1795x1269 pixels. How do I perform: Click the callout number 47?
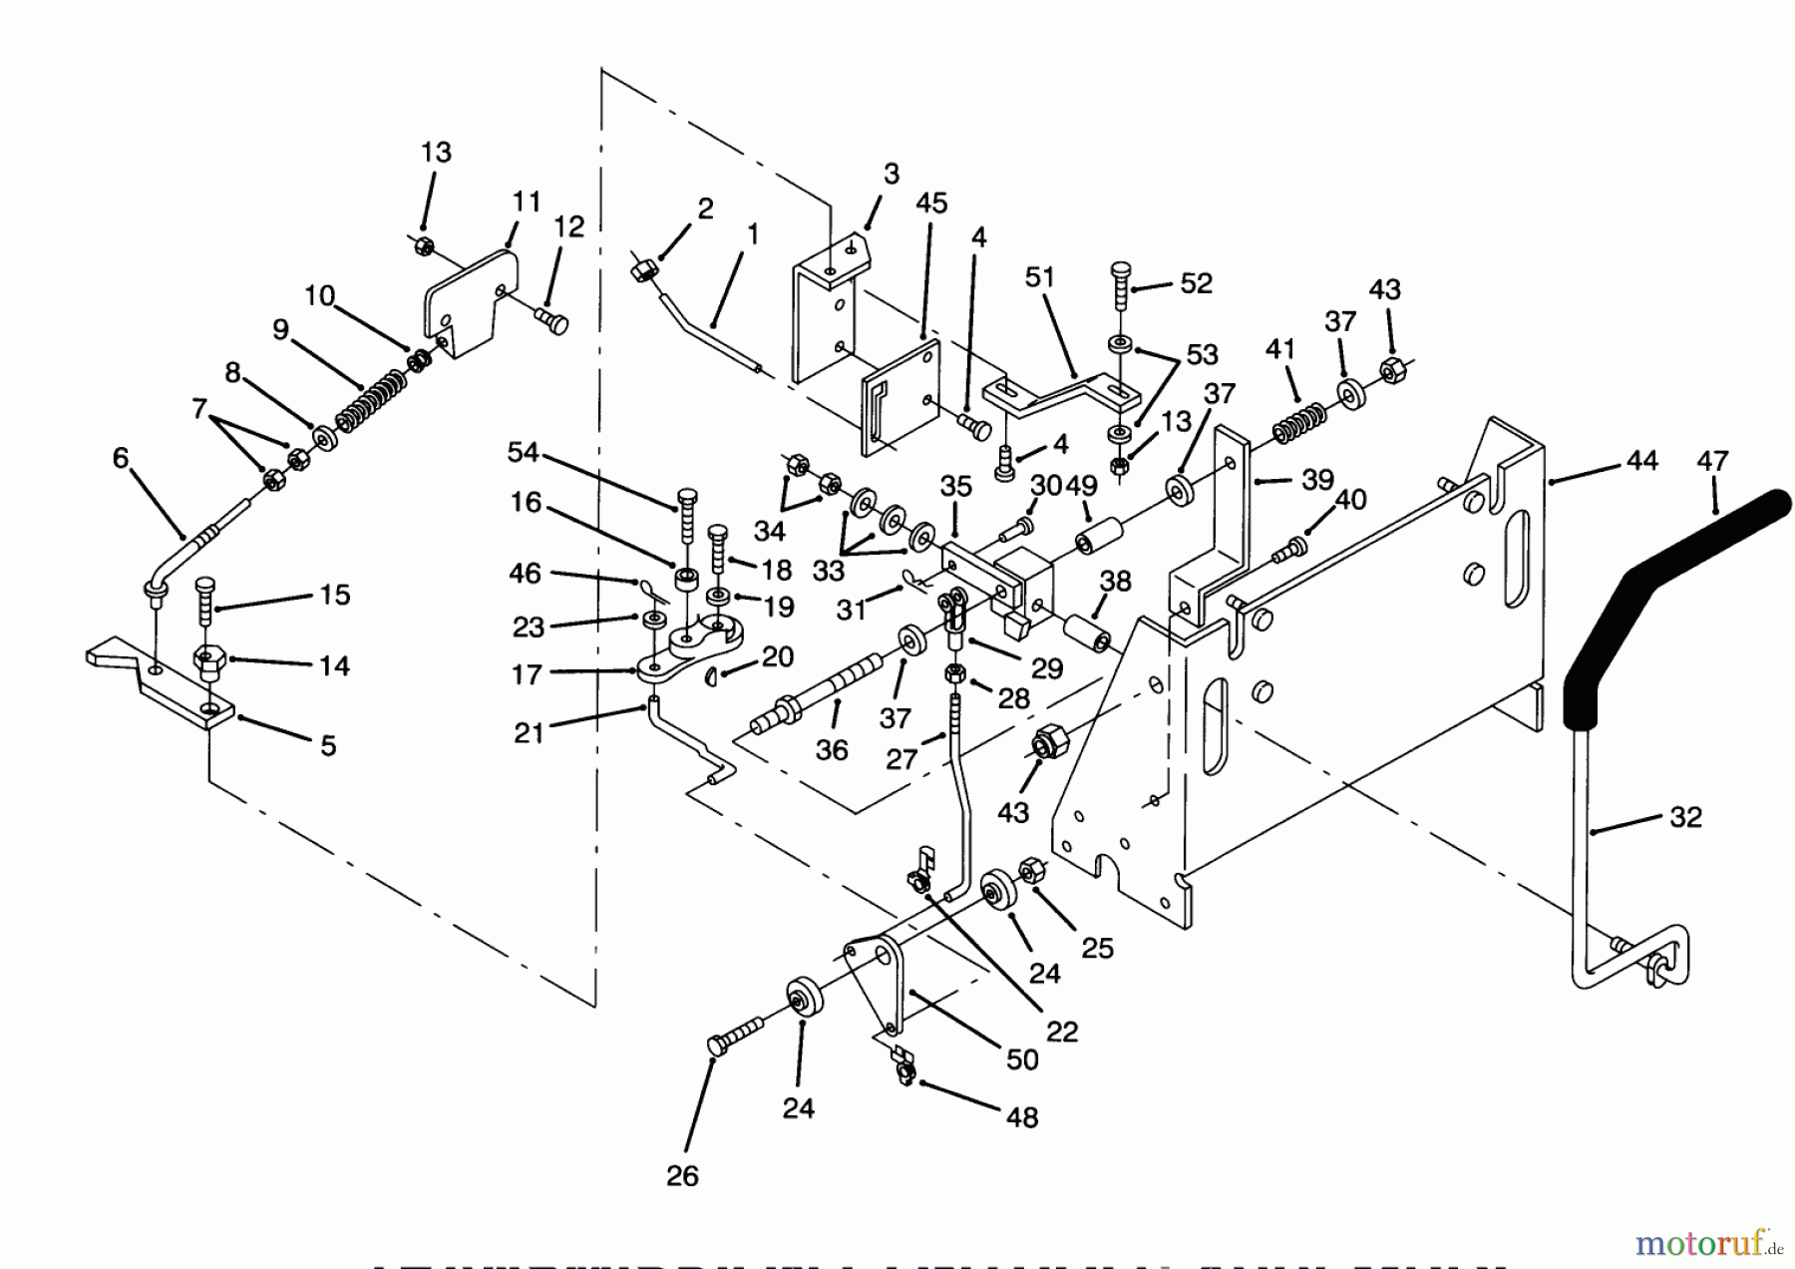[1712, 461]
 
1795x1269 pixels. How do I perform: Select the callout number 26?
[682, 1175]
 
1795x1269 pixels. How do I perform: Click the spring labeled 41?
[1298, 420]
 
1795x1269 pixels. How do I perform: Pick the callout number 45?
[931, 203]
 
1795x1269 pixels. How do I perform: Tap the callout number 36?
[832, 749]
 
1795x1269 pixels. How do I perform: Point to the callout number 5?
[328, 745]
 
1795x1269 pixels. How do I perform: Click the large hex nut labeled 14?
[209, 662]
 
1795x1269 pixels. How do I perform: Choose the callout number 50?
[1022, 1058]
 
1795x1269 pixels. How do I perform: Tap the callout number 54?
[523, 452]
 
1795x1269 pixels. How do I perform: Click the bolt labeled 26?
[734, 1034]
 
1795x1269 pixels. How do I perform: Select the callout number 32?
[1685, 817]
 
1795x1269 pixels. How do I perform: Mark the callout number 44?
[1641, 460]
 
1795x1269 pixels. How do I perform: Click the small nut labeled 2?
[643, 266]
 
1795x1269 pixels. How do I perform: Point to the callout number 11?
[526, 202]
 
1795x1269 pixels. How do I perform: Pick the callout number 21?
[529, 732]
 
